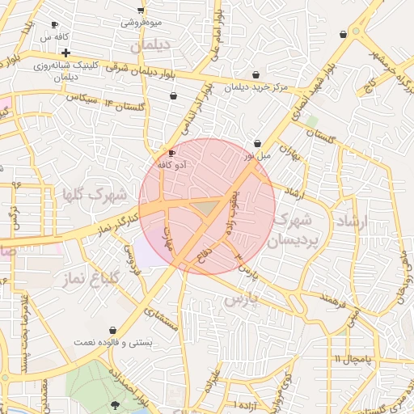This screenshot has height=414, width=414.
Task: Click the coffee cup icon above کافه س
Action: point(54,25)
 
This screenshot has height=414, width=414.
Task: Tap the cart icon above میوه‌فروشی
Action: point(142,10)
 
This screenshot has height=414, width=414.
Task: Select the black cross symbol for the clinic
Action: point(65,52)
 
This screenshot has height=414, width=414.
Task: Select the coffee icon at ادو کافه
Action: point(171,153)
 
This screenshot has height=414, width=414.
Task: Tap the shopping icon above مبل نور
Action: point(257,143)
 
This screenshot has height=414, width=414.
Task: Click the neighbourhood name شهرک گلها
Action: point(95,195)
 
